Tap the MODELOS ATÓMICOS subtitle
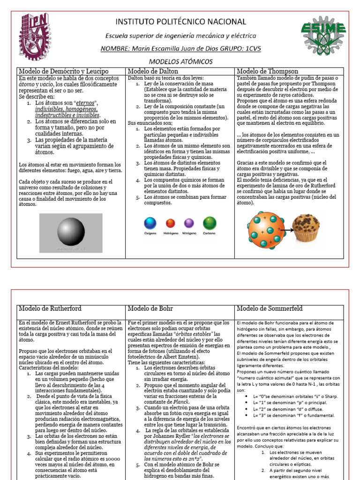[x=180, y=61]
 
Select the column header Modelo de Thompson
[x=267, y=71]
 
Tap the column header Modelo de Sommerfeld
[x=270, y=308]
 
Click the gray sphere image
[x=71, y=232]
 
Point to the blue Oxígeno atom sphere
[x=150, y=223]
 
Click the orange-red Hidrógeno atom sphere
[x=170, y=223]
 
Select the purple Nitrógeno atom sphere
[x=189, y=223]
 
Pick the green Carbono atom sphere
[x=209, y=223]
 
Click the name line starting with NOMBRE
[x=180, y=49]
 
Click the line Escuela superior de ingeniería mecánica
[x=180, y=36]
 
